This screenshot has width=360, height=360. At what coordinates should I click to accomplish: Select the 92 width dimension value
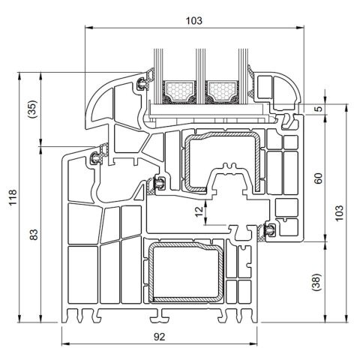click(x=159, y=337)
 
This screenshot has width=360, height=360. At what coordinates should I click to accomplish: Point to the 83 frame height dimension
click(x=33, y=235)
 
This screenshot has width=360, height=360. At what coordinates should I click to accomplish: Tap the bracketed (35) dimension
click(x=33, y=109)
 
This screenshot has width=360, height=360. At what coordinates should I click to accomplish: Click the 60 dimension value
click(x=318, y=178)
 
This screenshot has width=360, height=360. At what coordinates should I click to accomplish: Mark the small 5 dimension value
click(x=318, y=109)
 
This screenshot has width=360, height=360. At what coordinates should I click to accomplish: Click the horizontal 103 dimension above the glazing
click(x=194, y=20)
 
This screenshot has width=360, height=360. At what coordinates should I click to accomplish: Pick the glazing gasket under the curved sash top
click(x=142, y=82)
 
